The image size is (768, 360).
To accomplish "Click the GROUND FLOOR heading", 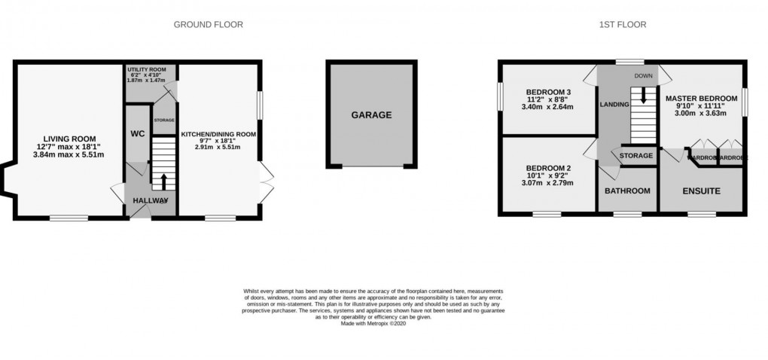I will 208,24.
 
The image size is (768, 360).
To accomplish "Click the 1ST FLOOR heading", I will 622,24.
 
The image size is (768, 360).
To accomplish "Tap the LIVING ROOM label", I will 69,138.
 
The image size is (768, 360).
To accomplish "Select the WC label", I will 137,133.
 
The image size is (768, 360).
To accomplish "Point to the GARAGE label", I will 371,115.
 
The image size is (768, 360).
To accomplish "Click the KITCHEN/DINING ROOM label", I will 218,135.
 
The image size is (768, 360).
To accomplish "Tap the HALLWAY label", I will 150,200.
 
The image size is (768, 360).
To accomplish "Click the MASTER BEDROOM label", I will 701,98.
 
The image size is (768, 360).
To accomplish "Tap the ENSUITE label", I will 701,191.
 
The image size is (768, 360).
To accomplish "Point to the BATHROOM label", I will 627,191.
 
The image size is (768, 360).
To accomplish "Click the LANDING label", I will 614,105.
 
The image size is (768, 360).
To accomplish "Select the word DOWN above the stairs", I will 644,76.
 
